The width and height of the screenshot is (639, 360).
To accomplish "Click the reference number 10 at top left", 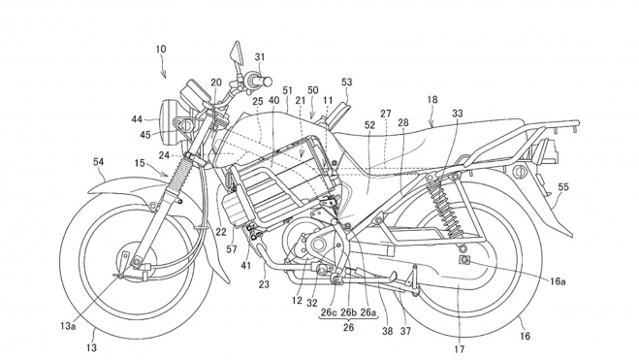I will (160, 47).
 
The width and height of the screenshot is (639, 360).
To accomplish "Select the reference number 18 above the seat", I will (431, 99).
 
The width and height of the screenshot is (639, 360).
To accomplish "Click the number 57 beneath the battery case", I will (231, 249).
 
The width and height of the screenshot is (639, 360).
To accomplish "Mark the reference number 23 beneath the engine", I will (264, 284).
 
